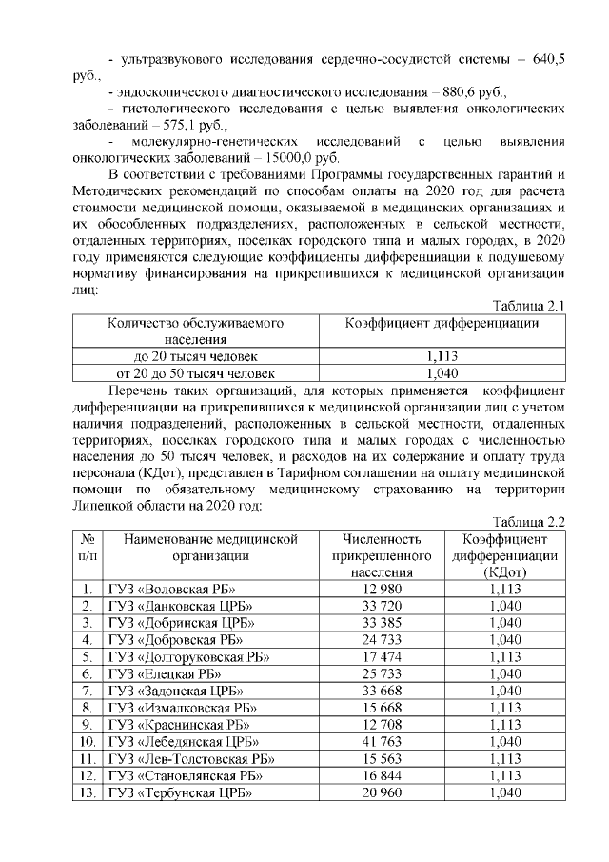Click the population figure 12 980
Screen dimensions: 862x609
coord(374,589)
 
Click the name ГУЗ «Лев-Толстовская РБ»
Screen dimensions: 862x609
coord(191,758)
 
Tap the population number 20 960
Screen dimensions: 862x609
coord(374,792)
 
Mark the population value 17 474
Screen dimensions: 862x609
coord(374,656)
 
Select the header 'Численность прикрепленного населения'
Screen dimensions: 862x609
coord(374,555)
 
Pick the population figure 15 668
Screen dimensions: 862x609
coord(374,708)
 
